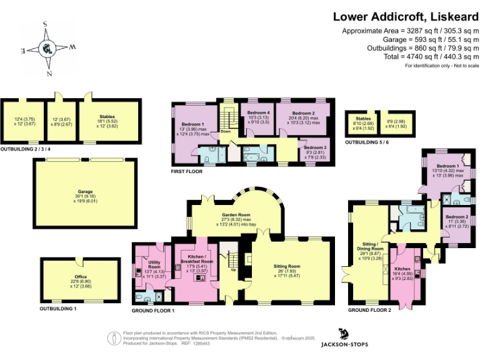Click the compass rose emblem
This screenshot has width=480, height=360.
click(x=47, y=48)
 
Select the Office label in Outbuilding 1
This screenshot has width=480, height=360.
click(x=81, y=277)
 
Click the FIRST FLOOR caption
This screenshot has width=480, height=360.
click(x=187, y=171)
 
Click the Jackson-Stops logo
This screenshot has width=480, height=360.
click(x=344, y=338)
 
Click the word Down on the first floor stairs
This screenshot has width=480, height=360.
click(x=226, y=131)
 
